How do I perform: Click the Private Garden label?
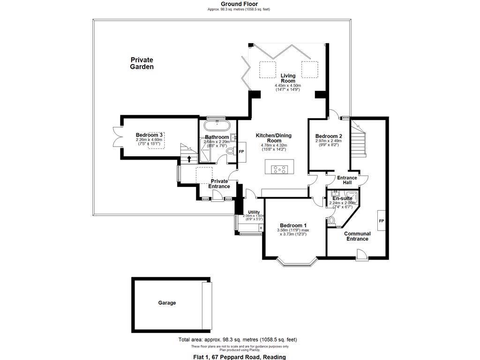click(142, 63)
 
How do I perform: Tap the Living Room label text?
click(288, 78)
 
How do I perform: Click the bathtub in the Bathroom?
click(216, 126)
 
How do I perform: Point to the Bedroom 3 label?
click(149, 135)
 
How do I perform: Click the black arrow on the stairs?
click(189, 158)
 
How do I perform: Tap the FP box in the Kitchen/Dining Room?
click(241, 152)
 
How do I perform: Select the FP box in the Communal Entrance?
click(381, 221)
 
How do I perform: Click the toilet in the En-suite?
click(332, 220)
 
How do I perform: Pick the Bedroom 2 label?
click(328, 136)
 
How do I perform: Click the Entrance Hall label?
click(347, 180)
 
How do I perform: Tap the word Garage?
click(167, 303)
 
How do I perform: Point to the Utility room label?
click(254, 212)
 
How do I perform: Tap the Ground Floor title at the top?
click(239, 4)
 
